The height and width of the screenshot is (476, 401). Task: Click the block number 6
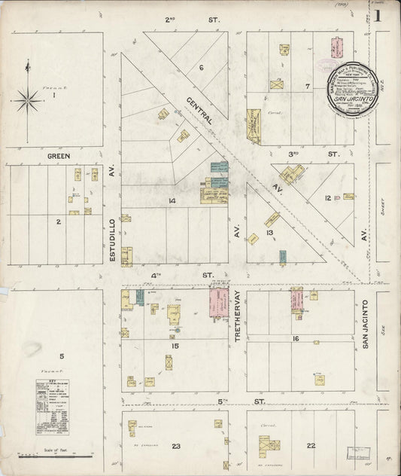(x=202, y=68)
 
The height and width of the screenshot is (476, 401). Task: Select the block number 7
(x=307, y=86)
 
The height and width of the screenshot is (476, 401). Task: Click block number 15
(x=175, y=325)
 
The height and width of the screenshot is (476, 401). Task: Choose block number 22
(x=310, y=445)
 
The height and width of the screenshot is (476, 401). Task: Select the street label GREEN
(x=59, y=156)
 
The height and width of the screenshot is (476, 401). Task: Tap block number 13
(x=269, y=233)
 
